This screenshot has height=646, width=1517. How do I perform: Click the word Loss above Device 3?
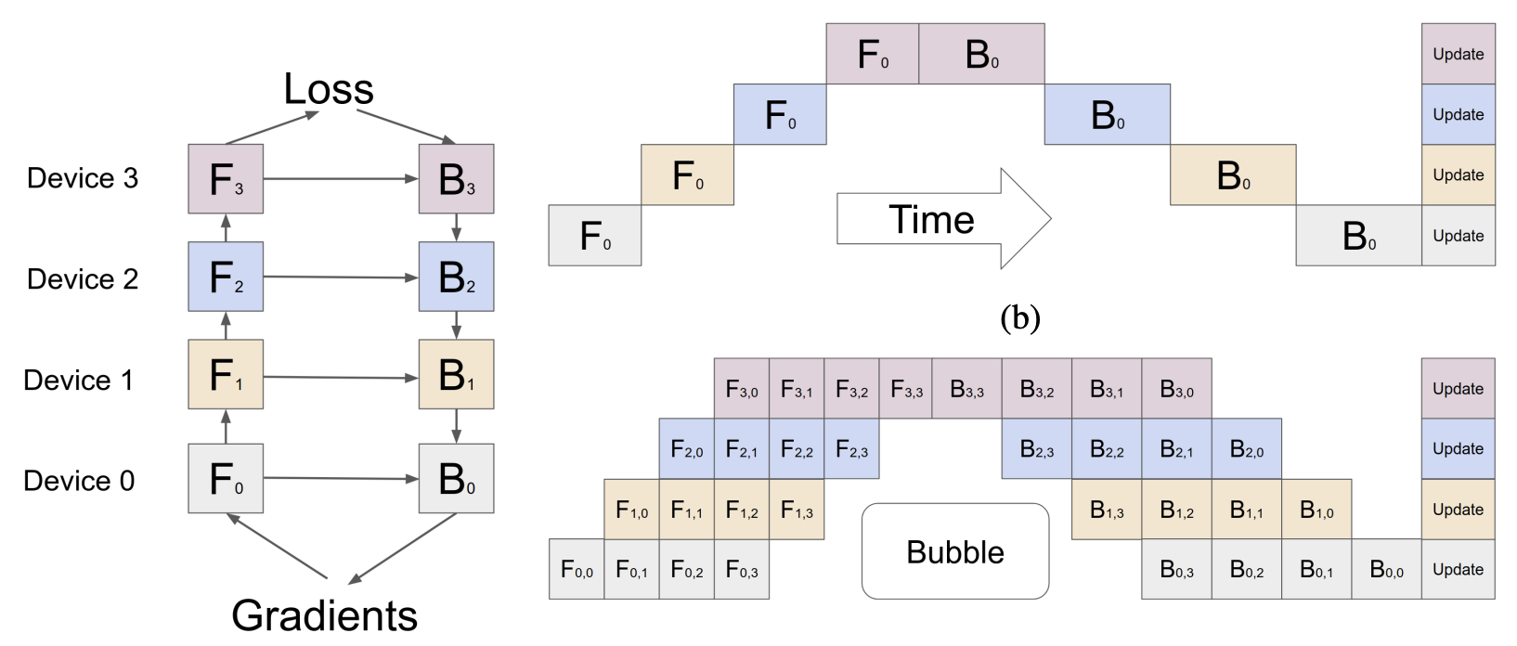click(329, 90)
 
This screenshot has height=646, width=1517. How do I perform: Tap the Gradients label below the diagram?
click(324, 615)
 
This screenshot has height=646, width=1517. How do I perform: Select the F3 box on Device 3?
click(226, 179)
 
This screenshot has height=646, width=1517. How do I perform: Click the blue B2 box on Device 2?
click(456, 277)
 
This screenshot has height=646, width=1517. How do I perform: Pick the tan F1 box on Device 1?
click(226, 374)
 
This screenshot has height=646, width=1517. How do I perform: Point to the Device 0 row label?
click(79, 481)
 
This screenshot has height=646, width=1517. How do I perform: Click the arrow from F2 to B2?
click(341, 277)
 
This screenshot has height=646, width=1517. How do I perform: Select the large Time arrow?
click(943, 219)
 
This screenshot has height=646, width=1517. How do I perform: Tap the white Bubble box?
click(955, 551)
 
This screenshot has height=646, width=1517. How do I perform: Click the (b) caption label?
click(1020, 318)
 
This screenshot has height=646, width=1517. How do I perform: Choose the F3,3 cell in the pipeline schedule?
click(906, 389)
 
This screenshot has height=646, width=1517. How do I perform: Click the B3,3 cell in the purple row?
click(966, 389)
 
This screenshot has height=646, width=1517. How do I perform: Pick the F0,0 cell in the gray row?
click(577, 569)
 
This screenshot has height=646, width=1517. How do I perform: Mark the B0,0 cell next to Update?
click(1386, 569)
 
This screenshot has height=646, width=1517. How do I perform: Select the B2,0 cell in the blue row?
click(1246, 449)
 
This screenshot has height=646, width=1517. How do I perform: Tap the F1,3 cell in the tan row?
click(797, 510)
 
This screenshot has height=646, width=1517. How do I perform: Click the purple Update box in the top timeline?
click(1458, 54)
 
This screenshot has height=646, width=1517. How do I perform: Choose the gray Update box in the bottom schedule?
click(1458, 569)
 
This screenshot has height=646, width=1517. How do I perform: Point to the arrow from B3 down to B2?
click(456, 227)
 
